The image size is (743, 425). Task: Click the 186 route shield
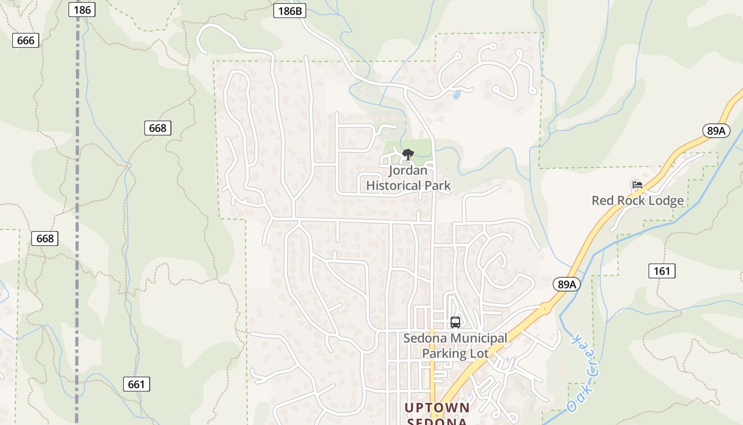pos(82,10)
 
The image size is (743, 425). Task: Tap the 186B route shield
pos(290,11)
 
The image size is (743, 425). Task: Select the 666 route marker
pos(25,40)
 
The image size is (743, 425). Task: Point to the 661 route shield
pos(136,384)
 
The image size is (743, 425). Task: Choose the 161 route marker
pos(662,271)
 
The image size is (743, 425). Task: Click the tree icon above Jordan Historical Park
pos(408,155)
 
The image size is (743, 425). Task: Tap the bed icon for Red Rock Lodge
pos(637,185)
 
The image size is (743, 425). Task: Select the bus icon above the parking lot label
pos(455,322)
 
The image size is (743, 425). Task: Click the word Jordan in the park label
pos(408,171)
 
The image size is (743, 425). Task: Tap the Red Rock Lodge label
pos(637,200)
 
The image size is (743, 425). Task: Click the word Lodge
pos(666,200)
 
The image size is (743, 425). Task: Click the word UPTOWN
pos(437,407)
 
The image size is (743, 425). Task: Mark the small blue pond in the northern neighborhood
pos(456,95)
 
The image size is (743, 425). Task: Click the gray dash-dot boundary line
pos(77,212)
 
